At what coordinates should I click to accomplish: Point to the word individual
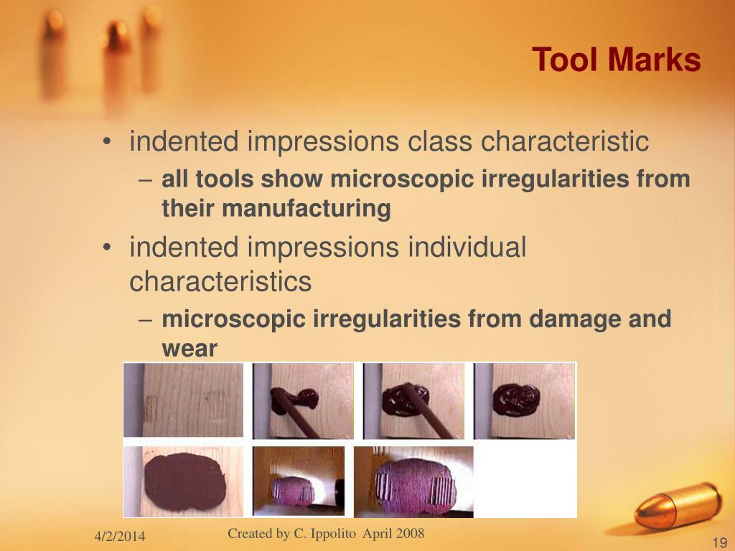pos(467,248)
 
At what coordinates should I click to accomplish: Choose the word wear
pos(189,349)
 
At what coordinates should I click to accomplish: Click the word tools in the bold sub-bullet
pos(225,179)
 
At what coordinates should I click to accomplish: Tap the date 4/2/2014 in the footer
pos(119,537)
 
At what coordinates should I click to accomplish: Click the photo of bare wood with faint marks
pos(184,400)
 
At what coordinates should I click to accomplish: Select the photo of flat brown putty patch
pos(184,480)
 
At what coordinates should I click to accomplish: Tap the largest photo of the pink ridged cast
pos(414,480)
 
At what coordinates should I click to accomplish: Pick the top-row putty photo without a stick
pos(524,400)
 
